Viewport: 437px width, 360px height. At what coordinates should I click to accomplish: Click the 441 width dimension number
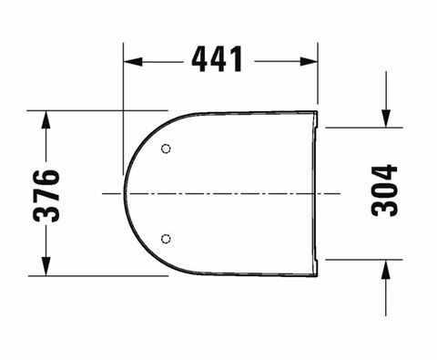[218, 59]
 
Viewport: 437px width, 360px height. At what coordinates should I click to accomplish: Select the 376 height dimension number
[46, 196]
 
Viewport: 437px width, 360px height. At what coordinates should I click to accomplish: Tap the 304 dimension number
[384, 190]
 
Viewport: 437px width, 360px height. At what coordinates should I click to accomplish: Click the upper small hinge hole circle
[166, 149]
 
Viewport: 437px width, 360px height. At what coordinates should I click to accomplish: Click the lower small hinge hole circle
[166, 239]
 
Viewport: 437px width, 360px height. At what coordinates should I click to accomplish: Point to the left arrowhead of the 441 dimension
[133, 62]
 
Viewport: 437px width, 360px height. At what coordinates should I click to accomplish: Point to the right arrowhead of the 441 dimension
[309, 61]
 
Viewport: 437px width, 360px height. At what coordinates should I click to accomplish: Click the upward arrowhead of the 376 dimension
[46, 120]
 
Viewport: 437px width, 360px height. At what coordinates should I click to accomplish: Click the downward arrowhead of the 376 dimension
[46, 266]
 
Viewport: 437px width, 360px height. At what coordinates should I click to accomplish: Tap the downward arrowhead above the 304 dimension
[386, 118]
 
